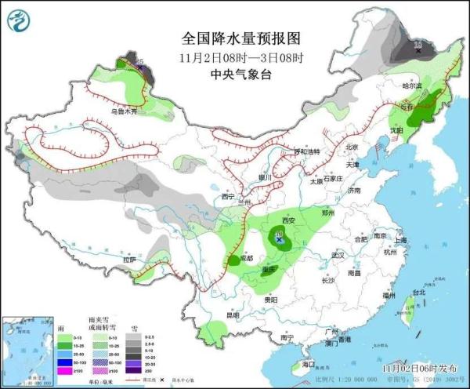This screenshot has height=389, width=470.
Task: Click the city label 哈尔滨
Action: tap(412, 85)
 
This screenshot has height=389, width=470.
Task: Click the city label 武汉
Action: tap(338, 256)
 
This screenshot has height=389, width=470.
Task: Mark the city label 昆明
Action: tap(232, 315)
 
